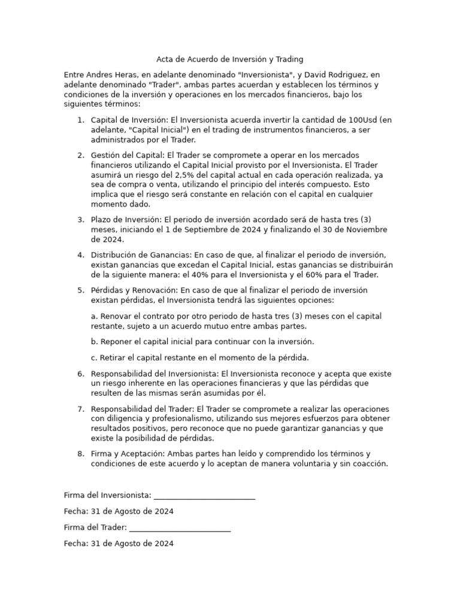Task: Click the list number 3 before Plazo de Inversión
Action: tap(80, 220)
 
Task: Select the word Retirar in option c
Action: tap(114, 358)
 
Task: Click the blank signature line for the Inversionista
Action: tap(204, 496)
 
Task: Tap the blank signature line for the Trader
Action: tap(180, 527)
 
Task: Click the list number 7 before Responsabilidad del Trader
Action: tap(80, 408)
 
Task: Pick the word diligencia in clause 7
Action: tap(129, 418)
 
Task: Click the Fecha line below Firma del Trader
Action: tap(119, 544)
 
